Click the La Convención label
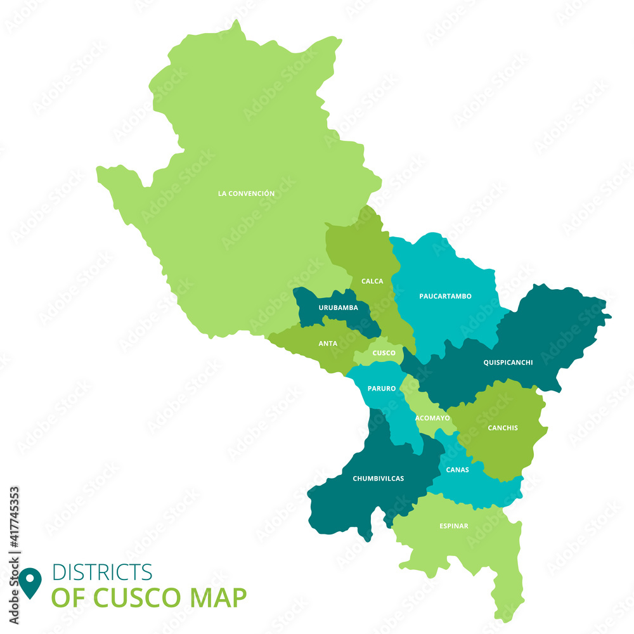246,193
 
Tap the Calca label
372,281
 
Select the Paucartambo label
445,296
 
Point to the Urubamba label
338,307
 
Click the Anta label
328,344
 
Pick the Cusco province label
384,353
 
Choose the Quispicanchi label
508,363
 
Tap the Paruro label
382,388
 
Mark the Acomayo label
432,418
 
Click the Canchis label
503,428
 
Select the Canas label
458,470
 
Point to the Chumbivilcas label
378,479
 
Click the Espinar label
454,526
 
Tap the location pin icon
30,583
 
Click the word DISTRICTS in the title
102,572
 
